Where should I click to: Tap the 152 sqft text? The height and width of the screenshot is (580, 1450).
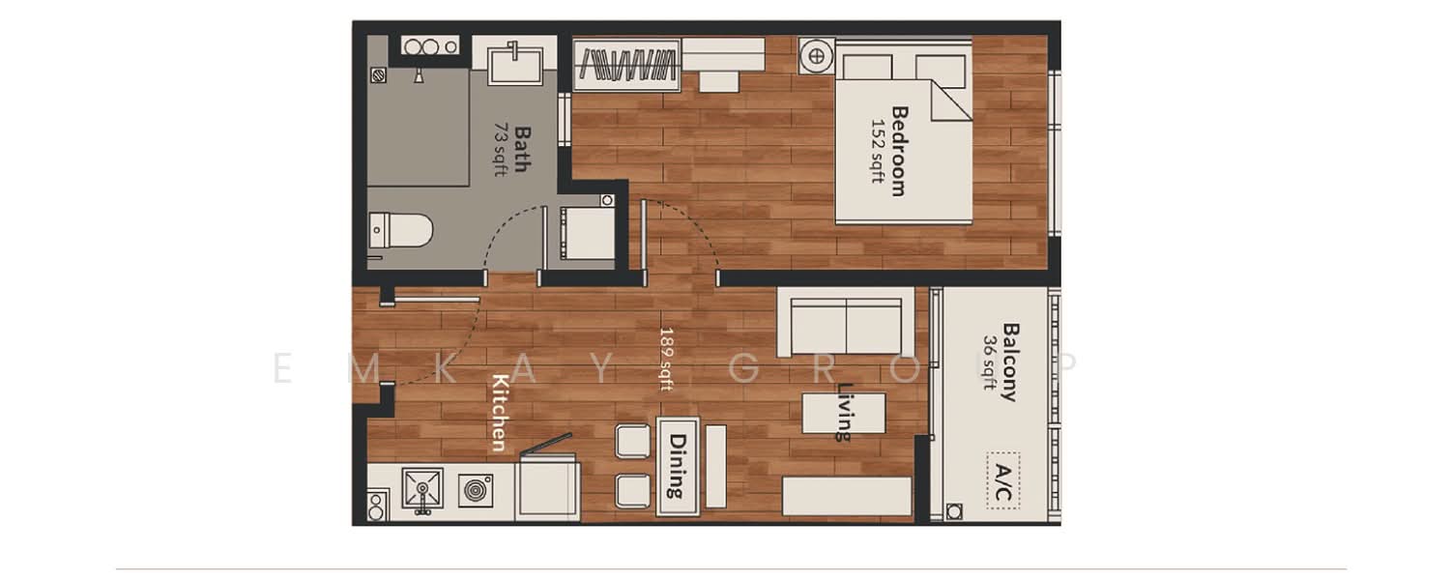tap(877, 151)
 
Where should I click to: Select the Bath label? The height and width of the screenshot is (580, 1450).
tap(522, 149)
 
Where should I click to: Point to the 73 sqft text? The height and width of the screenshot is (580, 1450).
tap(500, 149)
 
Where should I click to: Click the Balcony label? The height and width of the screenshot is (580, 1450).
tap(1010, 362)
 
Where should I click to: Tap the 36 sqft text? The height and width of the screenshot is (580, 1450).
tap(989, 362)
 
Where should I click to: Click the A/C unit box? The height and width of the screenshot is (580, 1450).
tap(1002, 480)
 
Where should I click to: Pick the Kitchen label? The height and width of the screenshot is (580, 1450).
tap(500, 413)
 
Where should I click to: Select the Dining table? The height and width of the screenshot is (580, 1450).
tap(677, 466)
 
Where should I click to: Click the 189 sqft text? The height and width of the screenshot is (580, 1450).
tap(666, 359)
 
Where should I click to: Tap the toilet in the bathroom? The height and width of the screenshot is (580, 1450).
tap(400, 230)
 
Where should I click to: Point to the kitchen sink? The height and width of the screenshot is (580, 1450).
tap(422, 489)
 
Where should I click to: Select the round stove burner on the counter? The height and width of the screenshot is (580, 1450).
tap(476, 490)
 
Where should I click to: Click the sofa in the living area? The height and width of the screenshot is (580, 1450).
tap(846, 322)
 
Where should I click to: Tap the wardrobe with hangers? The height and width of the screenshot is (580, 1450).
tap(626, 65)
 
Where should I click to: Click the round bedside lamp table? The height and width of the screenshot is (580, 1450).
tap(816, 56)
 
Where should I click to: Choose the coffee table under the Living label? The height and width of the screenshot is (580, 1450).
tap(844, 413)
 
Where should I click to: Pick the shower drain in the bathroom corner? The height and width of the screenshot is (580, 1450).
tap(379, 75)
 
